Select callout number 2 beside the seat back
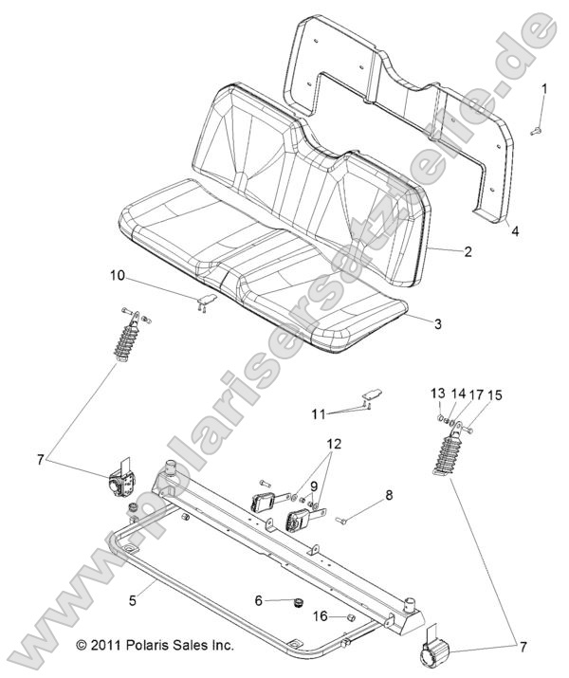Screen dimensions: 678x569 468,254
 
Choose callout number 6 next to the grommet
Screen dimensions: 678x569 258,599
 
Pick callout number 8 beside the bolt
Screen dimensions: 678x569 388,494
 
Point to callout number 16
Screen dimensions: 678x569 320,616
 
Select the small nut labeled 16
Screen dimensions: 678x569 348,616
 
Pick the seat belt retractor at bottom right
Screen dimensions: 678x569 435,653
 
